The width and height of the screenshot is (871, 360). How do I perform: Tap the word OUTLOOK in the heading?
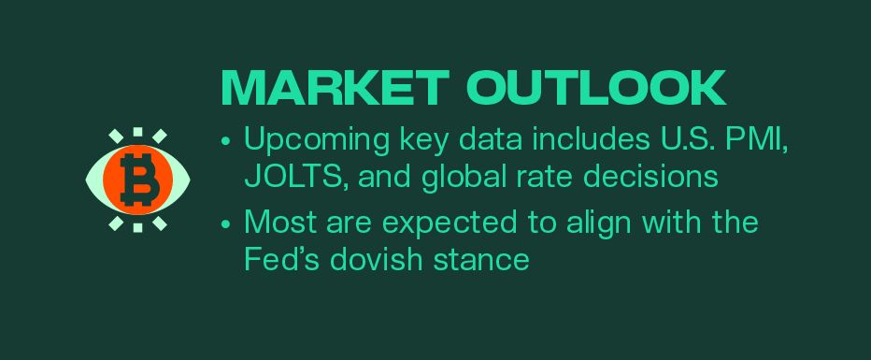pyautogui.click(x=596, y=87)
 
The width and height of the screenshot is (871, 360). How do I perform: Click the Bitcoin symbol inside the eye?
pyautogui.click(x=139, y=179)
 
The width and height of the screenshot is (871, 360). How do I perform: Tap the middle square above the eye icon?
pyautogui.click(x=138, y=133)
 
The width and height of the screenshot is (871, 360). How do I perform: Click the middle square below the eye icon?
pyautogui.click(x=138, y=225)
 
